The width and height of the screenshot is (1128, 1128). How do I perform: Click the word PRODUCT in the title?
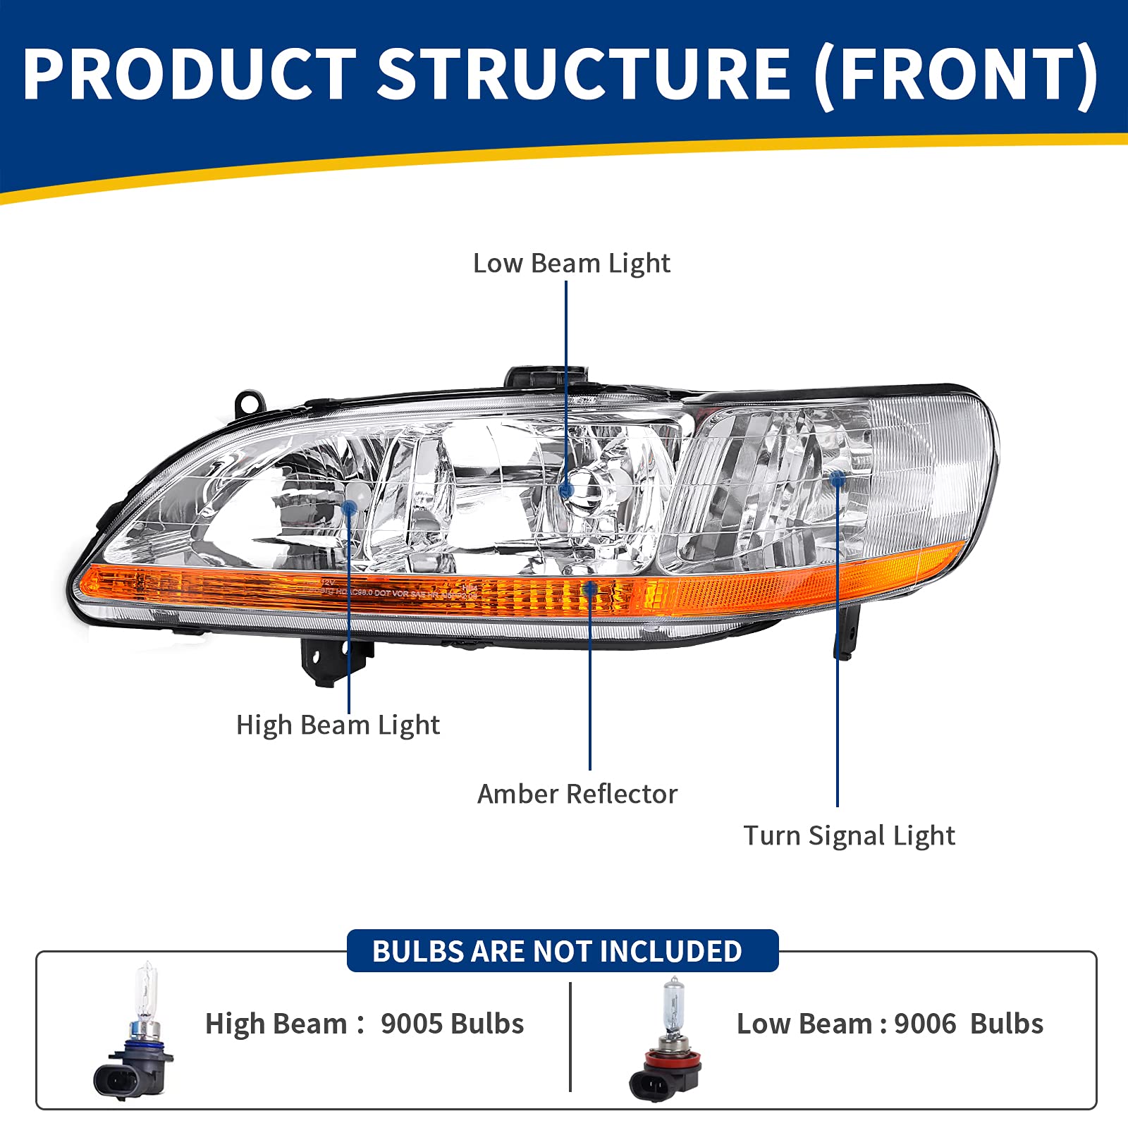pos(189,74)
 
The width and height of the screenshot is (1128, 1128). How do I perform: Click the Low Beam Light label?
pos(571,264)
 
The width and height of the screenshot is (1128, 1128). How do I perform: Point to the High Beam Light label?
pos(338,725)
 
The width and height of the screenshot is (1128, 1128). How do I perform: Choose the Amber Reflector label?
pos(577,795)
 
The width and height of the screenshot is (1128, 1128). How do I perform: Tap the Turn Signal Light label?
pos(849,836)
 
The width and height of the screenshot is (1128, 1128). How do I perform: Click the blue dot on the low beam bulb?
pos(566,490)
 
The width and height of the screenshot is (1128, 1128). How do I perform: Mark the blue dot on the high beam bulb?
pos(349,507)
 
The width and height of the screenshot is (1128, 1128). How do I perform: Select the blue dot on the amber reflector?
pos(590,587)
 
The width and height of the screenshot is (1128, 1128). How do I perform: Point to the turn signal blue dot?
pos(838,479)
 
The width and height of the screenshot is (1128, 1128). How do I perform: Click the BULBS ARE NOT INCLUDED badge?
pos(562,951)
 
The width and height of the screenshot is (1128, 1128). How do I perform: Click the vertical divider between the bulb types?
pos(570,1036)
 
